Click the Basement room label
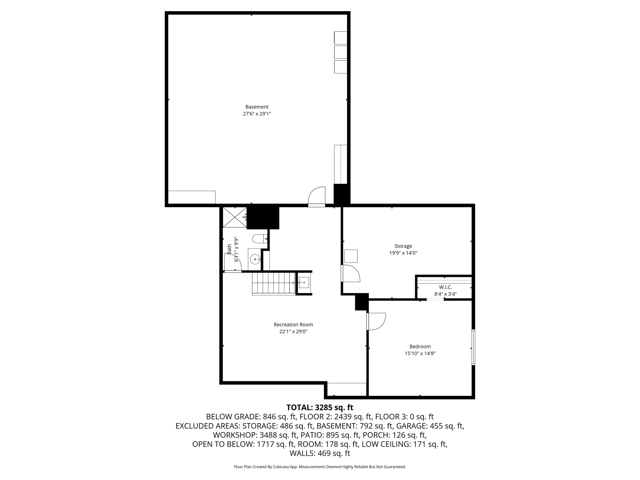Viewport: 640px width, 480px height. pos(257,107)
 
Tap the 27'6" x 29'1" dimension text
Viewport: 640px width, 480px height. pos(257,114)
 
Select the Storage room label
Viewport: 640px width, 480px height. pos(403,246)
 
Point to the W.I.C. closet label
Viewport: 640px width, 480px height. pos(445,287)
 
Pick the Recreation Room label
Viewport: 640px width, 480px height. pos(293,325)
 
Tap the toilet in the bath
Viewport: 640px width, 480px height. pos(260,239)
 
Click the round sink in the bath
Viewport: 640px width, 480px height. pos(255,259)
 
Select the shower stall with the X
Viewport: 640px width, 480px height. pos(235,217)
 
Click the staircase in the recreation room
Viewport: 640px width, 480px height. pos(273,284)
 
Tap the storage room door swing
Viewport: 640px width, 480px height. pos(351,273)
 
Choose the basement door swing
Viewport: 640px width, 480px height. pos(317,197)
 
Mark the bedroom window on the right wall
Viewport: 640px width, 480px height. pos(473,347)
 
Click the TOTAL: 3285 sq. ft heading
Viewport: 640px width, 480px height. pos(320,407)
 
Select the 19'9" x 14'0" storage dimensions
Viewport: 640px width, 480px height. pos(403,253)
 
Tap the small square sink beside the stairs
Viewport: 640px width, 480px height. pos(304,282)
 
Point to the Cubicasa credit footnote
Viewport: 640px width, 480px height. pos(320,467)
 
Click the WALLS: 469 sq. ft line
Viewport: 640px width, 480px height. pos(320,453)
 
